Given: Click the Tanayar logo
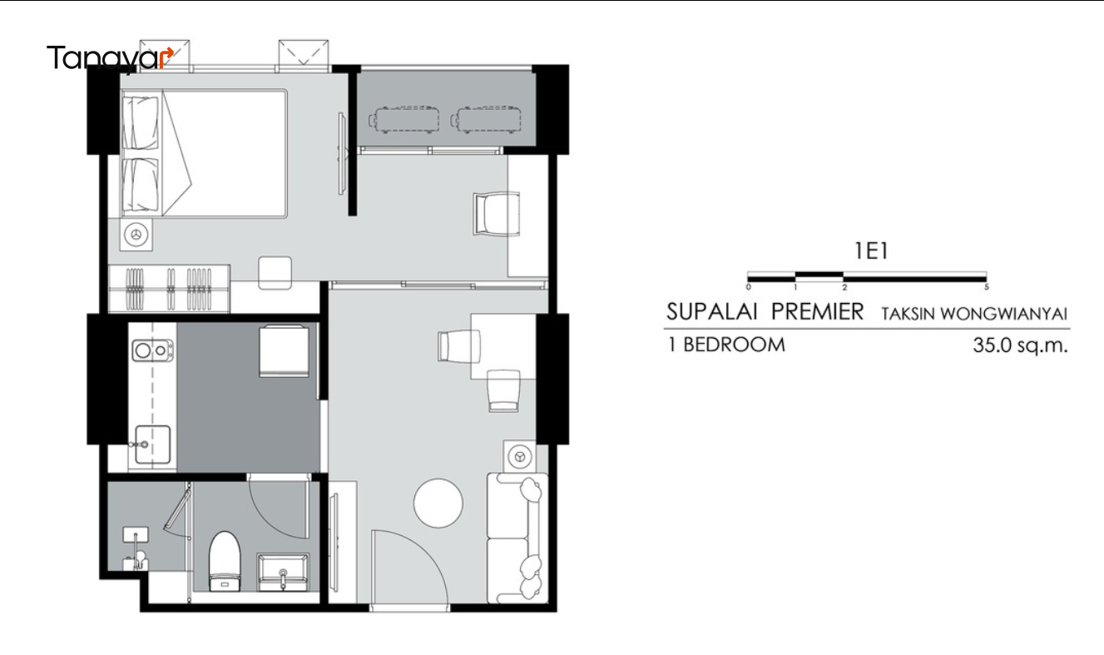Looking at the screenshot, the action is [x=110, y=59].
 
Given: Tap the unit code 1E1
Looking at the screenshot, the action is [x=871, y=251].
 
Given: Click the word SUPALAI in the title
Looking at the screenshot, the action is [x=711, y=312].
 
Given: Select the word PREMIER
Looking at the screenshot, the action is [x=817, y=312].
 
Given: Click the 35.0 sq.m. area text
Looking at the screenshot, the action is [x=1020, y=345].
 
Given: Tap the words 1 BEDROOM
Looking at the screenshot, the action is [x=726, y=345].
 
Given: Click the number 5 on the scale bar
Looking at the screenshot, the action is [x=986, y=287].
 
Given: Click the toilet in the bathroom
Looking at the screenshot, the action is [x=225, y=561].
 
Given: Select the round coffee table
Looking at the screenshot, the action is [x=438, y=504].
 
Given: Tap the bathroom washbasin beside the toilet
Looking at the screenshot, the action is [x=284, y=572].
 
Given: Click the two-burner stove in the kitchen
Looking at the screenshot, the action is [x=153, y=350].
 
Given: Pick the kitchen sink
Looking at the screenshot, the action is [x=152, y=445].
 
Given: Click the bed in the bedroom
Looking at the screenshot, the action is [x=204, y=153].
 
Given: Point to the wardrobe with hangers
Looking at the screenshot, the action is [x=169, y=289].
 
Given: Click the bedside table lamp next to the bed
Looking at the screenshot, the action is [x=136, y=235].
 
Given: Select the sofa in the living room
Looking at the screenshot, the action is [x=517, y=538].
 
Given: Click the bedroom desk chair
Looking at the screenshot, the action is [x=497, y=214].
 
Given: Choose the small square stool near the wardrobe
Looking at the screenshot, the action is [x=275, y=273].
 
